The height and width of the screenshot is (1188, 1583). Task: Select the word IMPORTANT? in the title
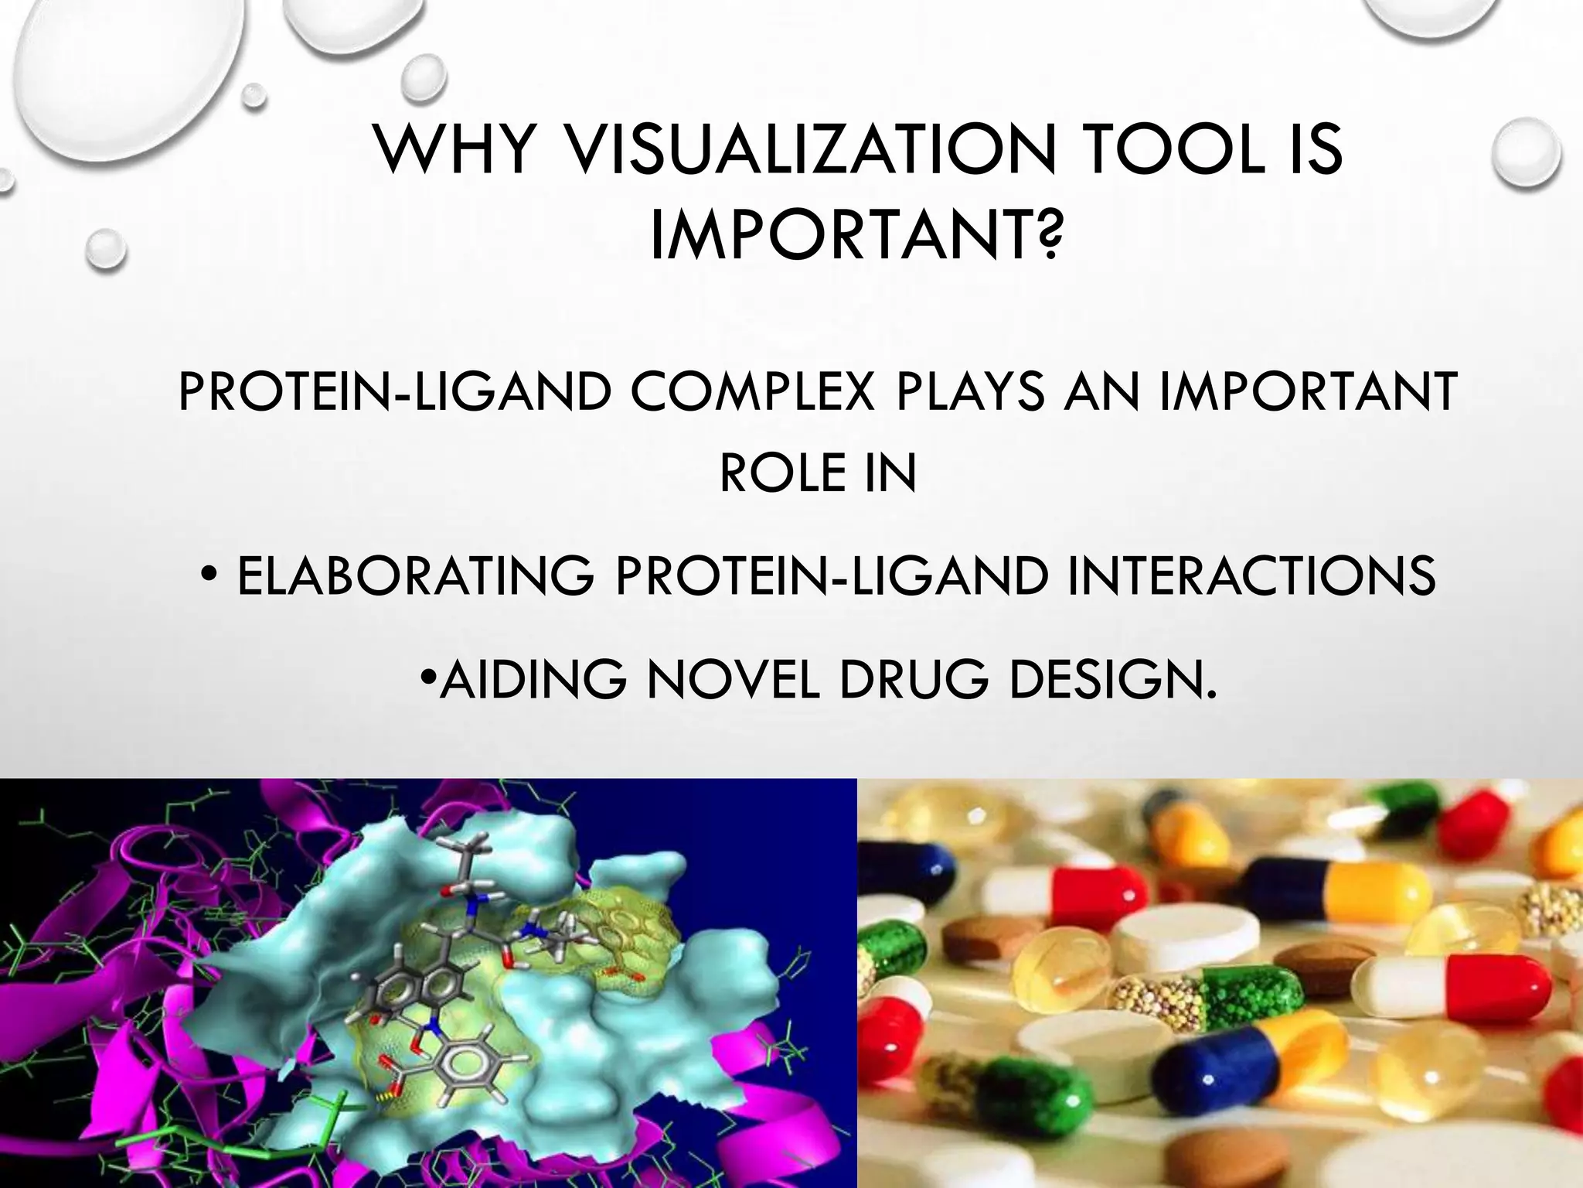point(854,237)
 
